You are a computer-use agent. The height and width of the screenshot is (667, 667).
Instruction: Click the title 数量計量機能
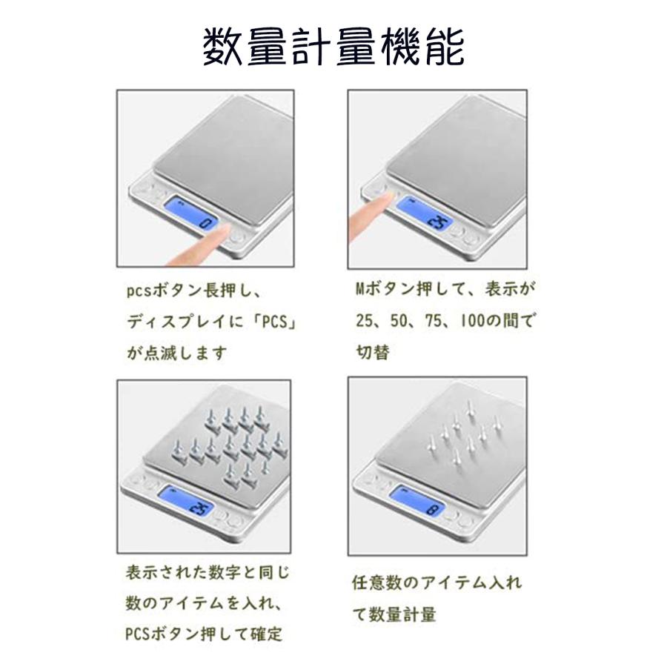333,47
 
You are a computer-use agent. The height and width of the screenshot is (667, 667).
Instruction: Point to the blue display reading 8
418,502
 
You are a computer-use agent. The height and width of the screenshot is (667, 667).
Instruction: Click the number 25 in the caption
365,321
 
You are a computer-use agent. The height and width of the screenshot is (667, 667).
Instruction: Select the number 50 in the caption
399,321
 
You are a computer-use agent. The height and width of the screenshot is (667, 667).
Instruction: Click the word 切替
373,353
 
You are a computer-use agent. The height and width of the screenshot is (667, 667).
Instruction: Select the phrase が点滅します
176,353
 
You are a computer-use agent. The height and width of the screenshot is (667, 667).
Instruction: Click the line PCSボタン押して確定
204,634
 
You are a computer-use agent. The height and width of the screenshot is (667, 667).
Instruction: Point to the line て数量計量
394,614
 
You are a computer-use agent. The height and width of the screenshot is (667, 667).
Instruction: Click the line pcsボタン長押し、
193,291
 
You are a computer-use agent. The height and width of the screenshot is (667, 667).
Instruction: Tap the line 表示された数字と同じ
208,572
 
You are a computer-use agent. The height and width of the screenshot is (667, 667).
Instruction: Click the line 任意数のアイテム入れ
437,583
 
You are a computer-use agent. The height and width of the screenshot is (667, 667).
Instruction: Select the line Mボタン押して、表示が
445,289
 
